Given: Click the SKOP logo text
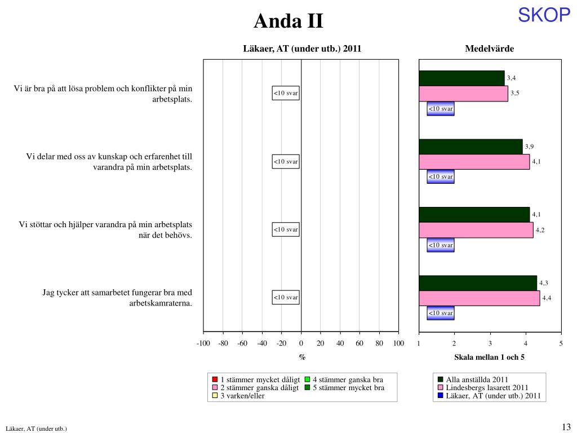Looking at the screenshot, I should coord(544,15).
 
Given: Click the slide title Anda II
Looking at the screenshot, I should coord(288,21).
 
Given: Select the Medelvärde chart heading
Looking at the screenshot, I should coord(489,48).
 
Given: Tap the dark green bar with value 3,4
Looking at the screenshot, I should coord(461,78).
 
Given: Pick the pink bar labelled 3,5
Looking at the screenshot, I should coord(463,93).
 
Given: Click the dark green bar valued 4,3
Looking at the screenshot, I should coord(478,282).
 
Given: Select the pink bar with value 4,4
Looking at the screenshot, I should coord(479,298).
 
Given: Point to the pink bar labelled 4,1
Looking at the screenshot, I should coord(474,162).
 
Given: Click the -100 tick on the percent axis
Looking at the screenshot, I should coord(203,344).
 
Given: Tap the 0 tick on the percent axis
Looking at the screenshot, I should coord(301,344).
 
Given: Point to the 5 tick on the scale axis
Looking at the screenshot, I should coord(561,344).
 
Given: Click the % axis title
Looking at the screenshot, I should coord(302,357).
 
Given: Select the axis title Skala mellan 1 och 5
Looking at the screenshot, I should coord(489,357).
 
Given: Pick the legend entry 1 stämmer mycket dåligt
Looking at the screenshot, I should coord(256,379).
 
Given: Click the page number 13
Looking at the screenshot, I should coord(566,426).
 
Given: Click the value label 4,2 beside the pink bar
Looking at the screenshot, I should coord(540,230).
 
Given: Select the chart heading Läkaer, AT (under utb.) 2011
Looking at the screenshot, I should coord(302,48).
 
